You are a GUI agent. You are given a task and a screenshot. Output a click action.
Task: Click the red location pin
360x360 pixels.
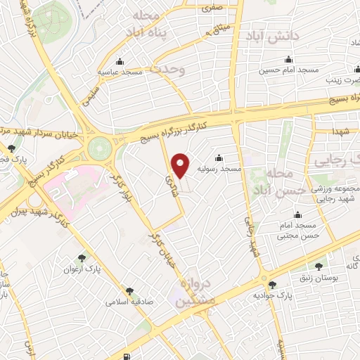click(181, 166)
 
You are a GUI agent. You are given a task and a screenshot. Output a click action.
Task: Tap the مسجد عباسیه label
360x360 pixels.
click(120, 72)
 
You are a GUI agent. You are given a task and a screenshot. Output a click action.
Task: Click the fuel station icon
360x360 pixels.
click(127, 356)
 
